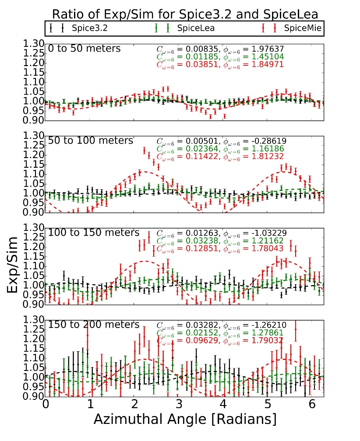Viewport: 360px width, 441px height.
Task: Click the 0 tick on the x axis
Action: [x=46, y=405]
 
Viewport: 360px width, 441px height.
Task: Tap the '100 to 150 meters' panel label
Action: [x=94, y=232]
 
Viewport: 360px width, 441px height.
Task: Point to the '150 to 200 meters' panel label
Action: [x=94, y=325]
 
